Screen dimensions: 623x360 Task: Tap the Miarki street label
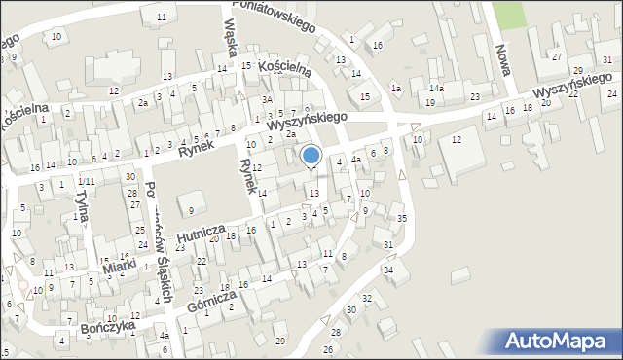(x=120, y=265)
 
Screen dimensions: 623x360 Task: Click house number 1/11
(x=88, y=182)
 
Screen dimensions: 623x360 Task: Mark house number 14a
(x=438, y=90)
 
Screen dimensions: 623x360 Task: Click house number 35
(x=402, y=218)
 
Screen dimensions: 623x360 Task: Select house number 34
(x=388, y=269)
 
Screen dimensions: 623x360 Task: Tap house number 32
(x=367, y=297)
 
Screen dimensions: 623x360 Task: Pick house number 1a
(x=396, y=89)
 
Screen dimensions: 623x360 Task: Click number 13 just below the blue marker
(x=313, y=193)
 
